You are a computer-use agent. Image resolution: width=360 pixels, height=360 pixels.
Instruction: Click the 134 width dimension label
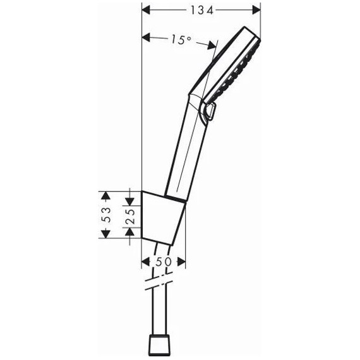[201, 9]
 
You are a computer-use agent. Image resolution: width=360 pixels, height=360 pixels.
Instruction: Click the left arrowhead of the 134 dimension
[145, 9]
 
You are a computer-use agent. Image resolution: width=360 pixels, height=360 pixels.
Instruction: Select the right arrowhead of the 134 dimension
[256, 9]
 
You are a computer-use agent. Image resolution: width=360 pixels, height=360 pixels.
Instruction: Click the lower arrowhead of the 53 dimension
[105, 234]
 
